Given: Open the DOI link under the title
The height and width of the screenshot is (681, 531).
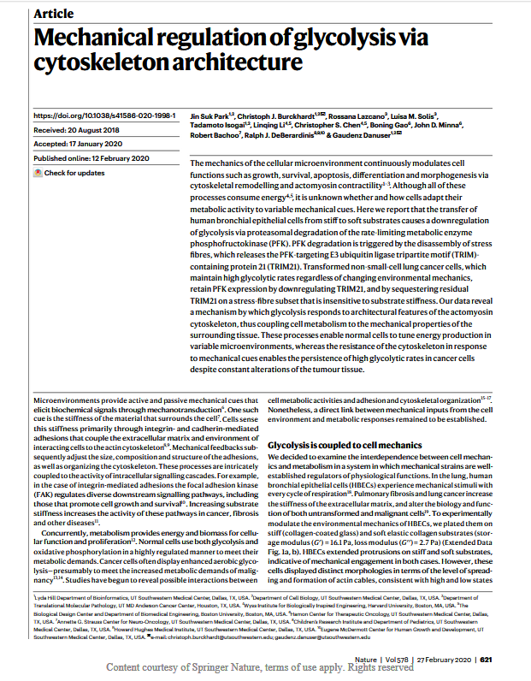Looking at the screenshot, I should pyautogui.click(x=103, y=115).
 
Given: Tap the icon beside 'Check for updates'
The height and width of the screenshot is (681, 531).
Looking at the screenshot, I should pyautogui.click(x=38, y=173).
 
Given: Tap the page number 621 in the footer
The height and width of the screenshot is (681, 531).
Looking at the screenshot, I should pyautogui.click(x=510, y=660).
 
